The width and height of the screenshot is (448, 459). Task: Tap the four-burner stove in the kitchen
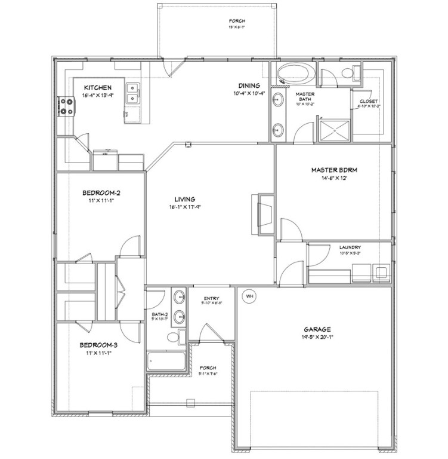[66, 107]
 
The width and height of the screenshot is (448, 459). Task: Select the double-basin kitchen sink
[133, 93]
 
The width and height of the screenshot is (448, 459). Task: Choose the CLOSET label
[368, 101]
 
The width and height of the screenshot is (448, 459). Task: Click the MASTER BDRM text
[334, 170]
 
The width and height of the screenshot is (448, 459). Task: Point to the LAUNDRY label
[350, 247]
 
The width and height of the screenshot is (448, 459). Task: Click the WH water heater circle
[249, 295]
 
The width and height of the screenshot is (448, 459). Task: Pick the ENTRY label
[212, 299]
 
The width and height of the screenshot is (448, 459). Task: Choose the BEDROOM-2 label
[101, 192]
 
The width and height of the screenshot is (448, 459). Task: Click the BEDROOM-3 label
[100, 345]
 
